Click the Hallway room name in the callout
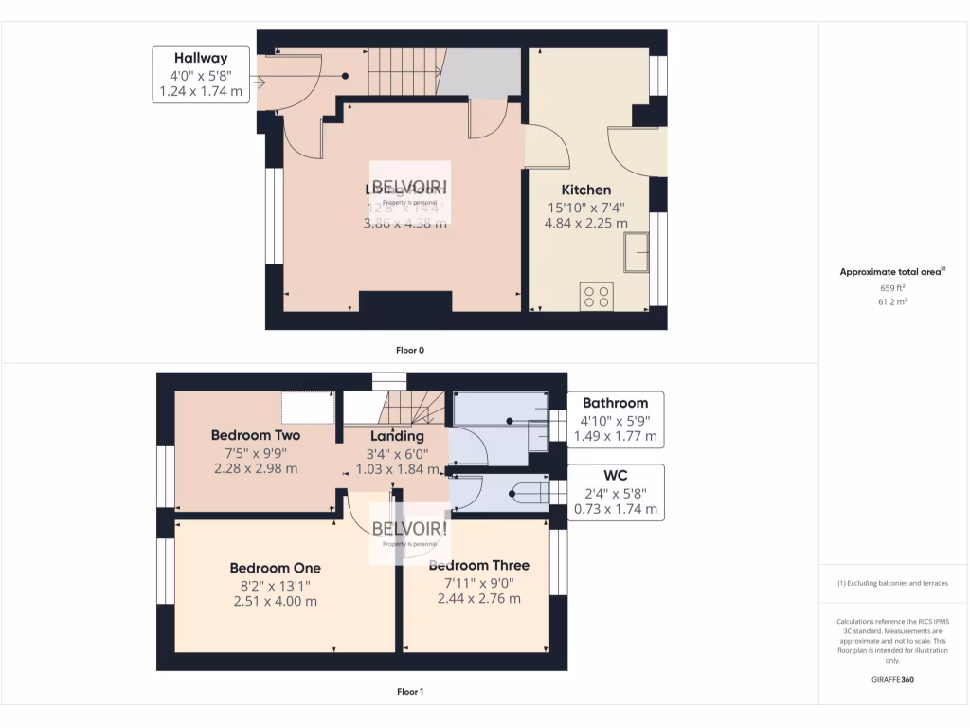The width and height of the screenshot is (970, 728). (201, 58)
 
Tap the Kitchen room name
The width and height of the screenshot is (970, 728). (585, 190)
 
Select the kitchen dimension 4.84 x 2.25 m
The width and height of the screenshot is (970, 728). (585, 224)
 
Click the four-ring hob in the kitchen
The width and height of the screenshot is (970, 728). (597, 296)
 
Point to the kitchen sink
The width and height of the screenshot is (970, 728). (636, 252)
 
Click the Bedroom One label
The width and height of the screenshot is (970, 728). (275, 568)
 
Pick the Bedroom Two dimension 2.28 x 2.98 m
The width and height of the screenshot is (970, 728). (256, 468)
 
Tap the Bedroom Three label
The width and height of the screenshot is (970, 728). (478, 566)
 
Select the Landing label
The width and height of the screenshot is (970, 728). (397, 436)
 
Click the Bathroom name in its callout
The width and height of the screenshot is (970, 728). (615, 403)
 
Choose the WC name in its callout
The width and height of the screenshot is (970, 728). (615, 475)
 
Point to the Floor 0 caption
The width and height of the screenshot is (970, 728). (409, 350)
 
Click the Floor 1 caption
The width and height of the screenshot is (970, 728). (409, 692)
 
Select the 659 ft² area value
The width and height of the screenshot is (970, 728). (892, 287)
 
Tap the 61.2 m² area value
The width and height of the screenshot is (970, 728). (892, 301)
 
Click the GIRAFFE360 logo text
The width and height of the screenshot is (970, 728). (892, 679)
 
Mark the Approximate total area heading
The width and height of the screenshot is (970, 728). (891, 272)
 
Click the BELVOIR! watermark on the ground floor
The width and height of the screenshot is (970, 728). (409, 187)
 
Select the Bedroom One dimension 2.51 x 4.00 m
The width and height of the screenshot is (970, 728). (275, 601)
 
